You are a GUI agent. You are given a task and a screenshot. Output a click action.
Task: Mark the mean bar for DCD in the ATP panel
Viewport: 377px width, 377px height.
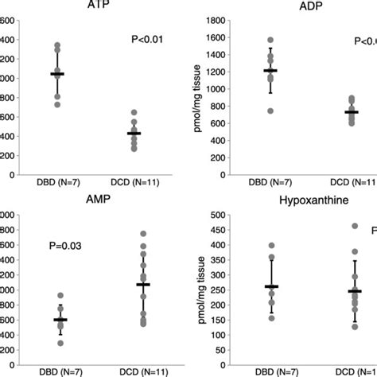(x=144, y=133)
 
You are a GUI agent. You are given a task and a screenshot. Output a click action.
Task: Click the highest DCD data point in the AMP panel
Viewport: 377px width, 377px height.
(x=144, y=234)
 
